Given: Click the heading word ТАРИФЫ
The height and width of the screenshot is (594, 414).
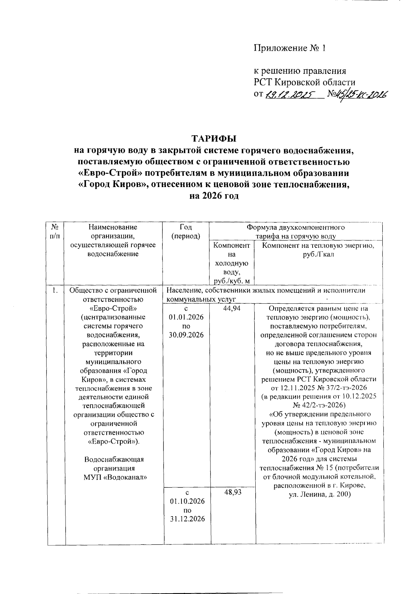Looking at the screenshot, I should [214, 139].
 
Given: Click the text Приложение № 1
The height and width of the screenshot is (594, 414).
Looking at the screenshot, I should [290, 48].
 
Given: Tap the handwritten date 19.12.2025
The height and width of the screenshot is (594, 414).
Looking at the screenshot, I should [290, 95].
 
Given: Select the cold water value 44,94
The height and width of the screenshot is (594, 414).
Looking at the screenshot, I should [231, 309].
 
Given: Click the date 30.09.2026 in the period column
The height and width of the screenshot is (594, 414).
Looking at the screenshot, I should [187, 335].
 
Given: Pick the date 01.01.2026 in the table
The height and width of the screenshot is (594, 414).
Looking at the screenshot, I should [187, 317].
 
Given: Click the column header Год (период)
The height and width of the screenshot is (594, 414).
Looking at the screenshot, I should [186, 232].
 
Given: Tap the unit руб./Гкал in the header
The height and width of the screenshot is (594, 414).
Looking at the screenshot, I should [317, 254].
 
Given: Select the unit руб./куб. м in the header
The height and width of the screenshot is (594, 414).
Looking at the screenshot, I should [232, 282].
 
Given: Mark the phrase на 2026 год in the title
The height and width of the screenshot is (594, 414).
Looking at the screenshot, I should [214, 196].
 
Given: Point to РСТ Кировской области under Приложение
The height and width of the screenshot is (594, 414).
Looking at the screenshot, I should [305, 82].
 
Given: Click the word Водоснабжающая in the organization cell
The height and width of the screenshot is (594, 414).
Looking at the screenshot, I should [114, 459].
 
